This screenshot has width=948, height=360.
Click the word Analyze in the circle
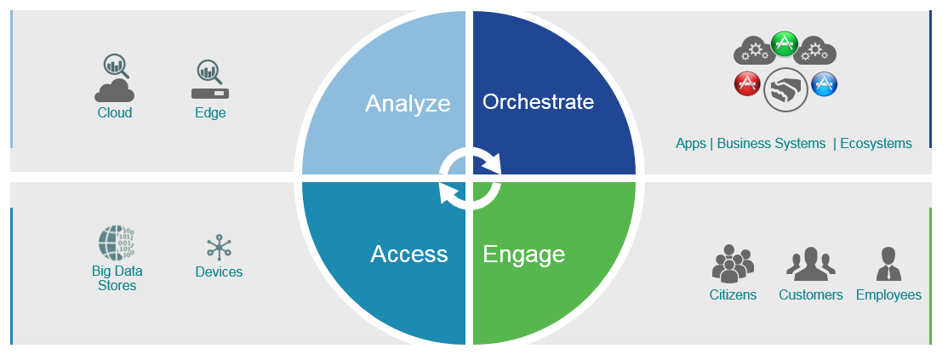click(x=408, y=104)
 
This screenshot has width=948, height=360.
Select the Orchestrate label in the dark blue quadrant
click(x=538, y=101)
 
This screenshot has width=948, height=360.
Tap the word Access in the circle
click(x=408, y=254)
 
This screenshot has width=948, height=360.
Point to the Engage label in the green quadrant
click(x=523, y=254)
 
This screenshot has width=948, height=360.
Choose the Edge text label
click(x=210, y=113)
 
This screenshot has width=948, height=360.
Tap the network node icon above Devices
click(x=218, y=248)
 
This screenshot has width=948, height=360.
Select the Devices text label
click(x=219, y=272)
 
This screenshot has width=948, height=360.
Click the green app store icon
click(x=784, y=44)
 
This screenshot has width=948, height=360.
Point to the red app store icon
click(x=747, y=83)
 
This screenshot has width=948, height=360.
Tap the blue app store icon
click(x=824, y=84)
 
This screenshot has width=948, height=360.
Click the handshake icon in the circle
click(x=785, y=90)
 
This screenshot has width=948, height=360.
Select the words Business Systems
click(x=771, y=143)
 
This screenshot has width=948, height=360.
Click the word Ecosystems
click(x=876, y=144)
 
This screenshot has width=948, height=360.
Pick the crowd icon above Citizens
click(x=733, y=264)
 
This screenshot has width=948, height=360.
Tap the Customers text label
click(x=811, y=295)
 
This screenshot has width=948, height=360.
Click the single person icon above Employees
click(x=888, y=264)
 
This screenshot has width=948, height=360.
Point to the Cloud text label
click(x=115, y=113)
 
